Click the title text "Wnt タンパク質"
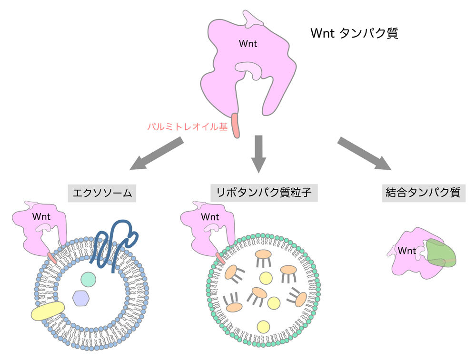click(354, 33)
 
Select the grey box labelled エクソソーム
click(102, 194)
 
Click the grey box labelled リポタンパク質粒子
click(264, 193)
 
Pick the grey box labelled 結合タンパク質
click(424, 194)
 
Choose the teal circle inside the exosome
click(89, 279)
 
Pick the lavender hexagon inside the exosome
click(81, 298)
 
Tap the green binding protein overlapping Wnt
click(442, 253)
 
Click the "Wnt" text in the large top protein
click(248, 44)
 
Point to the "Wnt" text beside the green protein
click(407, 251)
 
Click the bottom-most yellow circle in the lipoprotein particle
click(263, 327)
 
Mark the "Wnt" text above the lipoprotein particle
click(210, 217)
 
